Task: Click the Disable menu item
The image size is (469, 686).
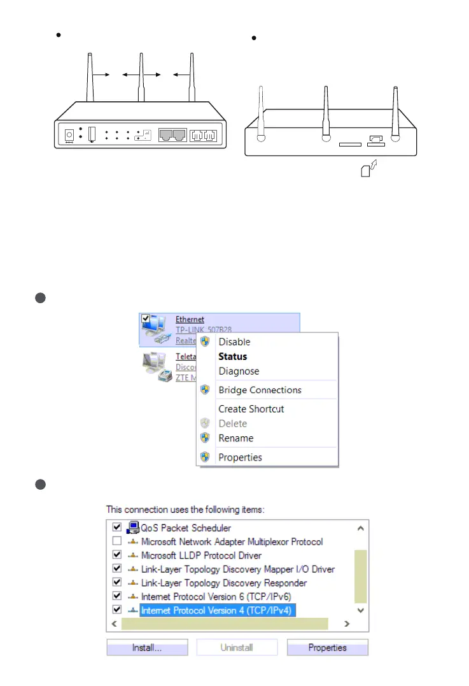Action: pos(234,342)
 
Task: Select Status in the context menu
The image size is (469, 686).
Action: pos(232,357)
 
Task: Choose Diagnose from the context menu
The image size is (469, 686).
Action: pos(239,371)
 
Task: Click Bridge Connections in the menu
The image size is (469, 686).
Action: pos(260,390)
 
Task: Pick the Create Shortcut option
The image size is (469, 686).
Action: pos(251,409)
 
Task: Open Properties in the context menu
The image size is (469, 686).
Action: pos(240,457)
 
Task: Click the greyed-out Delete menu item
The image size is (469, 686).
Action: pos(232,424)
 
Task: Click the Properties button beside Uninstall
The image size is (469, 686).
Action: pos(327,648)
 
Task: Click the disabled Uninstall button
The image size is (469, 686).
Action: pos(237,648)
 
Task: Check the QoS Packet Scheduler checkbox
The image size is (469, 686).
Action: pos(116,528)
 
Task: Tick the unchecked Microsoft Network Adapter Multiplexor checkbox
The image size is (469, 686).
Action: pos(116,542)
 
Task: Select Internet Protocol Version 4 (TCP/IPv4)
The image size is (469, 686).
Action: pos(218,611)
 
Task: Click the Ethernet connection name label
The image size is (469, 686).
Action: pos(190,320)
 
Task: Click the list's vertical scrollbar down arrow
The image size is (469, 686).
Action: pos(361,610)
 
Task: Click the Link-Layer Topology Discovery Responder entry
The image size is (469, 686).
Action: pos(224,583)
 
